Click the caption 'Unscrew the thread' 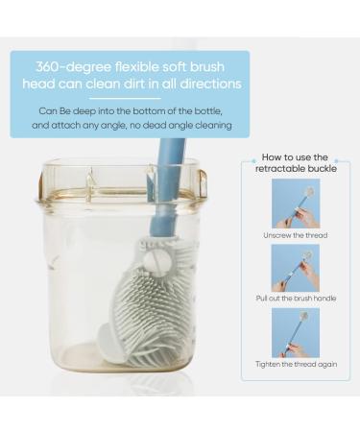296,233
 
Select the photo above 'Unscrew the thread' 295,201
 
